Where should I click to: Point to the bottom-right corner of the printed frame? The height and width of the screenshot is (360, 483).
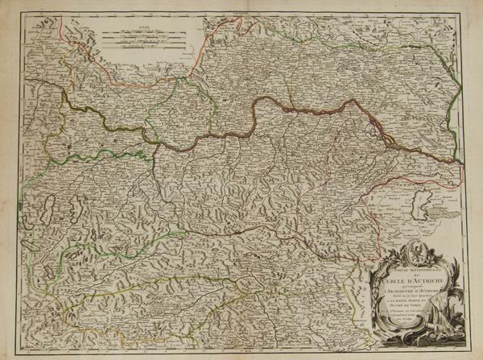coord(469,347)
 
